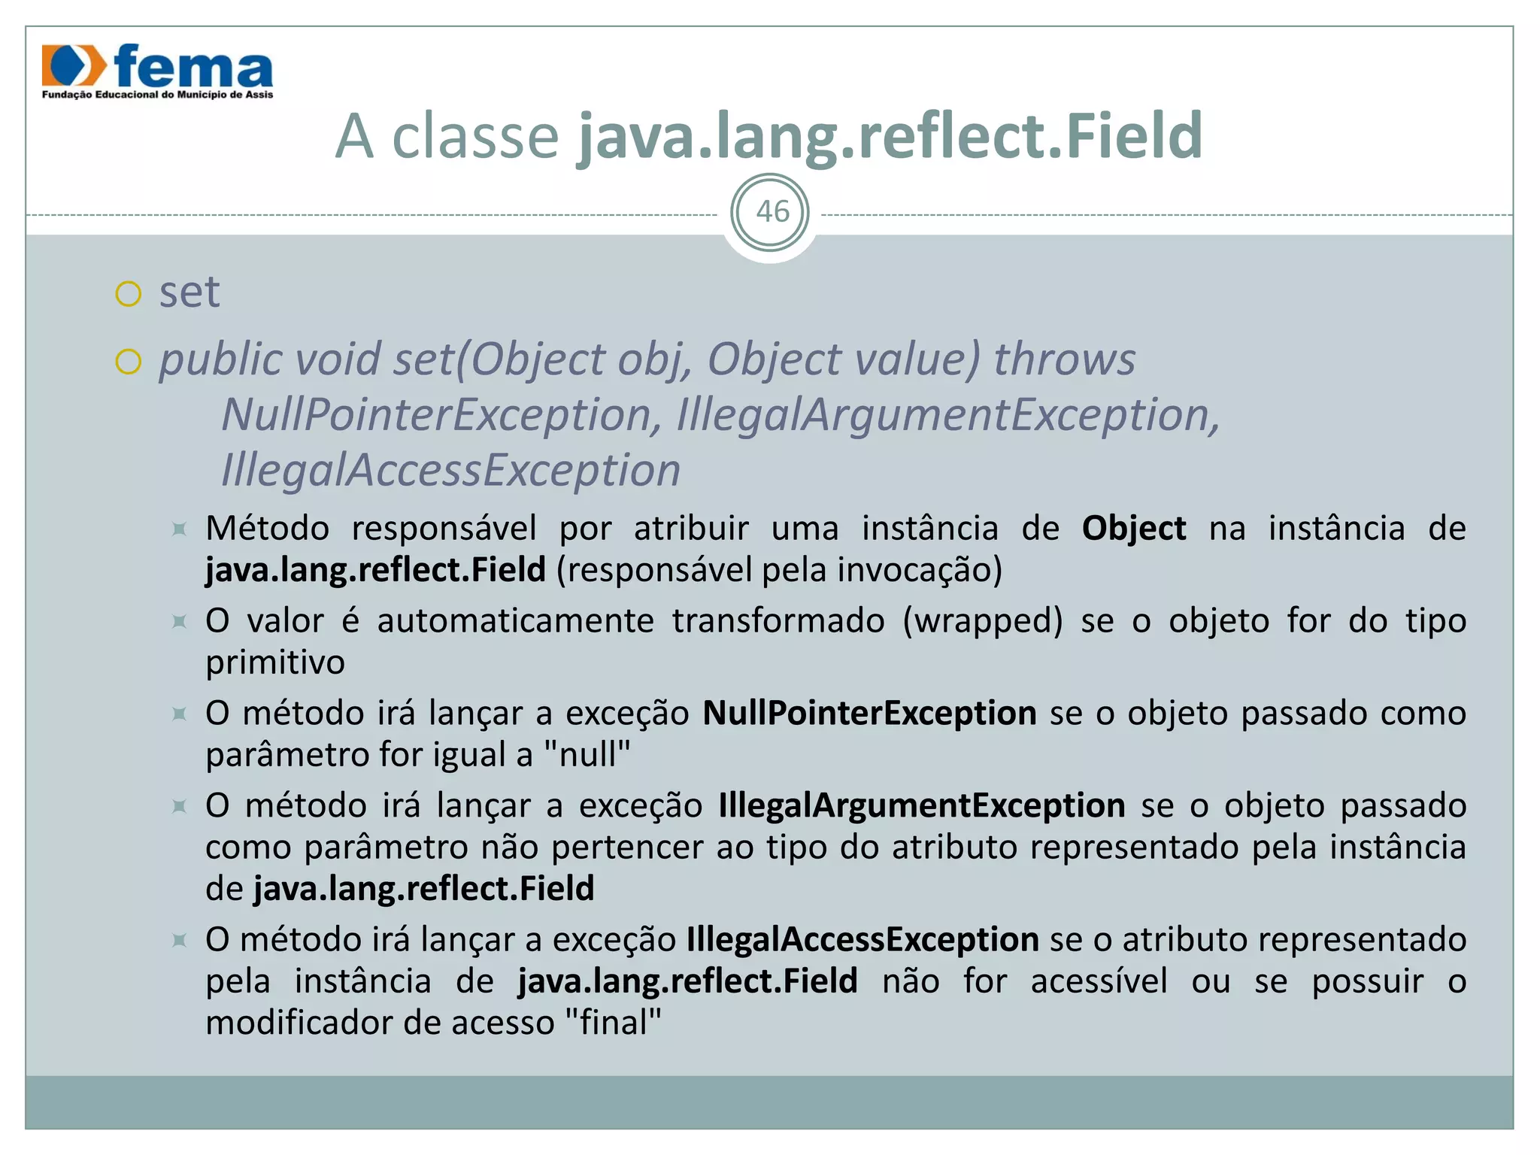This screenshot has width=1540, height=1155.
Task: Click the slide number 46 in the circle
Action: coord(771,213)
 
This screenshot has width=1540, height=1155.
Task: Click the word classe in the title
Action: coord(475,137)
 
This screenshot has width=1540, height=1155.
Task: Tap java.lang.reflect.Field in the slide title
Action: coord(890,137)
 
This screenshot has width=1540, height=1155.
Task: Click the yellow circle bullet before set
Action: coord(129,294)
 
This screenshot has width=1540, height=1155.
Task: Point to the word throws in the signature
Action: coord(1064,359)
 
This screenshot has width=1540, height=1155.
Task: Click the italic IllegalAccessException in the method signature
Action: coord(451,471)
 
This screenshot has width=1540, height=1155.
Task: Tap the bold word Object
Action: coord(1134,529)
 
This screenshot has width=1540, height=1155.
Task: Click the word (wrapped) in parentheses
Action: coord(983,621)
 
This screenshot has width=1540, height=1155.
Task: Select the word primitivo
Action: coord(275,662)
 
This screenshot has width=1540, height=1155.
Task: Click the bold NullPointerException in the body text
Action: coord(870,714)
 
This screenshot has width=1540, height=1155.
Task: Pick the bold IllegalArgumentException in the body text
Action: coord(922,806)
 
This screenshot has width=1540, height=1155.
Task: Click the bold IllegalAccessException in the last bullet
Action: coord(862,940)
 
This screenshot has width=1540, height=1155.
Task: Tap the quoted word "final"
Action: coord(613,1023)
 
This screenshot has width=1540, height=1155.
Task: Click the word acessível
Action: coord(1099,981)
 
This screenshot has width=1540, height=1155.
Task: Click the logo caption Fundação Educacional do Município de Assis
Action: coord(157,95)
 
